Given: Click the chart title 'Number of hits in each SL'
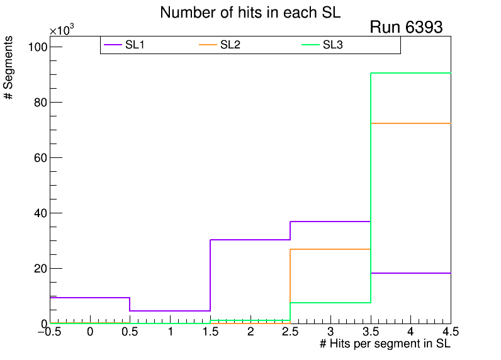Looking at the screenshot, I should click(250, 13).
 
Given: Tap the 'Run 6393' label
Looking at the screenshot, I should click(406, 28).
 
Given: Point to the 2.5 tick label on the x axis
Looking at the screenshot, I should click(290, 332).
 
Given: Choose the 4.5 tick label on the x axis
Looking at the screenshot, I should click(450, 332).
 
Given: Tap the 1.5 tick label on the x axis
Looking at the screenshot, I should click(210, 332).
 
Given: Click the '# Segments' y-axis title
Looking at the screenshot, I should click(9, 67).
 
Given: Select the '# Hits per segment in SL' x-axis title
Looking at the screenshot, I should click(385, 344).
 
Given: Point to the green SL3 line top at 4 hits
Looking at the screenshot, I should click(410, 73).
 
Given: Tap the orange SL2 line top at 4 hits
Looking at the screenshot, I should click(410, 123).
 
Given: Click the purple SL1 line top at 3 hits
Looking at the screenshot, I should click(330, 222).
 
